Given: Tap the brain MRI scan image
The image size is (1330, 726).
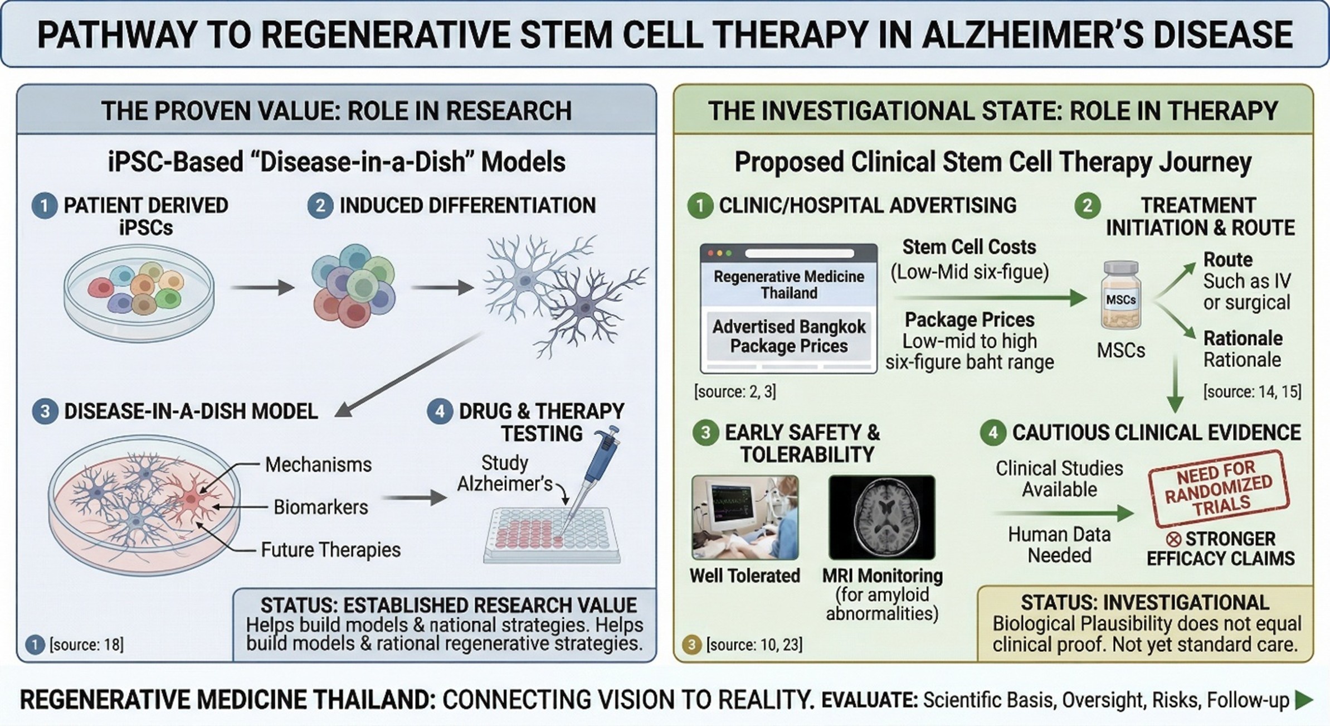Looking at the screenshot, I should (881, 517).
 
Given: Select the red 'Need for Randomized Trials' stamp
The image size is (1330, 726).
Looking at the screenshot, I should (1219, 489).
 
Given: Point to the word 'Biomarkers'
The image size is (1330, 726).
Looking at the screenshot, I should (321, 507).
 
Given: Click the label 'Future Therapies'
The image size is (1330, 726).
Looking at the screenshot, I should (330, 550).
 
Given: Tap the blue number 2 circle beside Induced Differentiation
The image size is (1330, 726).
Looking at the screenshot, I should (320, 206).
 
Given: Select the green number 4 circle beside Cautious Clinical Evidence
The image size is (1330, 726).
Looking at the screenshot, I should (993, 433).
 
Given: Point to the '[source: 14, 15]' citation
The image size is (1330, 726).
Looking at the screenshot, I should (1252, 391).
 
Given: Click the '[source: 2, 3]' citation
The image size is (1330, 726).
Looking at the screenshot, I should (734, 391).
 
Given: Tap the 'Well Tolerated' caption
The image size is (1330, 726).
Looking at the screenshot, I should (744, 575).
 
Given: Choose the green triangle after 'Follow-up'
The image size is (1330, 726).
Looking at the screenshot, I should (1304, 700).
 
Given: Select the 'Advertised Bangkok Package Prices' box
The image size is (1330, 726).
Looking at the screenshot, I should (788, 336).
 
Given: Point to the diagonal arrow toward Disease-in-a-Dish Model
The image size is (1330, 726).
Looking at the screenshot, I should (410, 374).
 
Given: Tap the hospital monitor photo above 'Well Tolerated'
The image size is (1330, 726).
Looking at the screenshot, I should (744, 517).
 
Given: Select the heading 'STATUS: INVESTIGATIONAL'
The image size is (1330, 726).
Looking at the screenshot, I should (1145, 603).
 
